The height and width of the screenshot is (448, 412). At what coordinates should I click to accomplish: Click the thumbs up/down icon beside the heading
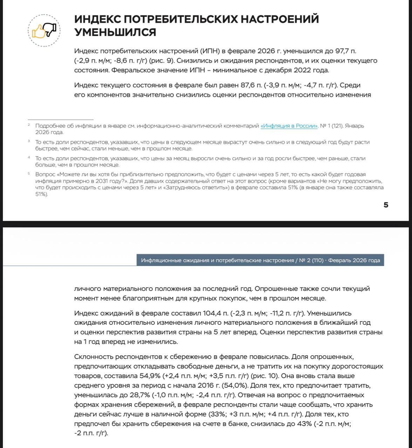click(x=44, y=31)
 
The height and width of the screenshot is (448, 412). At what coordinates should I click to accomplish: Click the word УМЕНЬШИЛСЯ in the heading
click(x=115, y=32)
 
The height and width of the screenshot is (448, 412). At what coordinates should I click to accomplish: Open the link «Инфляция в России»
click(x=289, y=126)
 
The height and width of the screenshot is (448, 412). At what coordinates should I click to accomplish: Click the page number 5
click(x=386, y=205)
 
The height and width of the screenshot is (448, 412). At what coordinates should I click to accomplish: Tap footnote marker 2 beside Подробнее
click(x=29, y=125)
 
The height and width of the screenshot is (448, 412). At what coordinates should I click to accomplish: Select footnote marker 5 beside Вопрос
click(x=29, y=173)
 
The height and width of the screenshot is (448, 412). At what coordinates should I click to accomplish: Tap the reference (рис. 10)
click(x=267, y=376)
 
